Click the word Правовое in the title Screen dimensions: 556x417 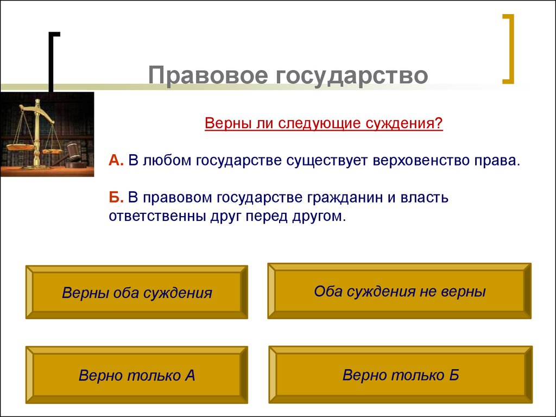click(x=208, y=75)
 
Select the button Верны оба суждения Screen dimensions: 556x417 click(x=136, y=292)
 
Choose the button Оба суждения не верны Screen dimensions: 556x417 click(x=399, y=291)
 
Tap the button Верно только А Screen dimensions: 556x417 click(x=136, y=375)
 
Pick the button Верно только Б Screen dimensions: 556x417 click(x=400, y=375)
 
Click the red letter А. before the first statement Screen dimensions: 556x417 click(x=116, y=160)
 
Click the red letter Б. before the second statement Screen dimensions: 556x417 click(x=116, y=197)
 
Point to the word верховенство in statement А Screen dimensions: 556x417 click(x=420, y=161)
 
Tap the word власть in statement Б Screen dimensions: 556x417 click(x=425, y=197)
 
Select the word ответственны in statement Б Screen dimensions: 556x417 click(x=156, y=216)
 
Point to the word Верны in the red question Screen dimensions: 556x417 click(x=226, y=123)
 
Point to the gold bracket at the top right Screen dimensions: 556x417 click(x=509, y=49)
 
